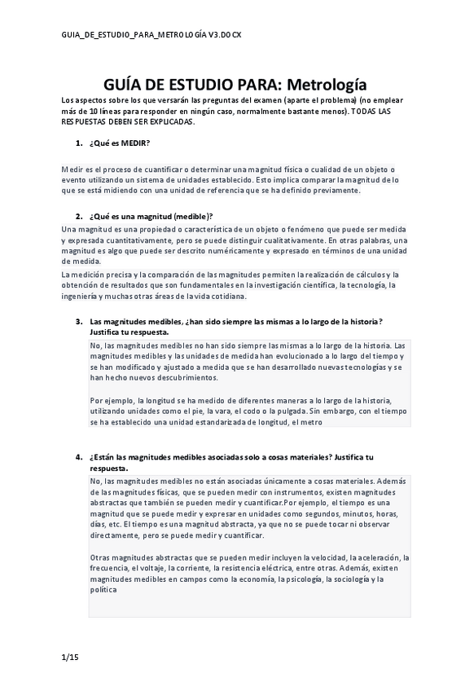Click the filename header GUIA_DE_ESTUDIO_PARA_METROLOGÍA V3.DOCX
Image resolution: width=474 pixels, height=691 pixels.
coord(151,36)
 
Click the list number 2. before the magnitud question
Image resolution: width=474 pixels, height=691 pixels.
coord(79,217)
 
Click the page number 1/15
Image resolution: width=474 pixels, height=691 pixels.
coord(69,656)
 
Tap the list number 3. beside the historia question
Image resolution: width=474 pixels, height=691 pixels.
coord(79,322)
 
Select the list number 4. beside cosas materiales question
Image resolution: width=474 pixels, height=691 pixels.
coord(79,457)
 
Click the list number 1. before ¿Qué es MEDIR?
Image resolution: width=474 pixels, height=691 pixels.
coord(79,143)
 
